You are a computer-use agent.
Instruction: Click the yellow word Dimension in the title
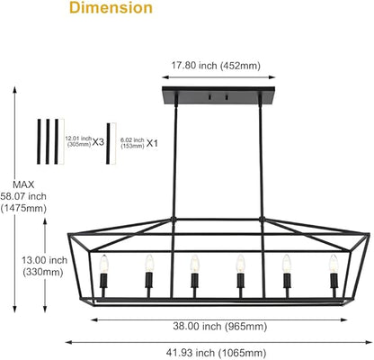111,8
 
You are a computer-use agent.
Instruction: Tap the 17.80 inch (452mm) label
216,66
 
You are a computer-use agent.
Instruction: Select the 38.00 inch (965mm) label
220,326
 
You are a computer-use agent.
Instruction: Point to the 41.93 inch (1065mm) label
216,353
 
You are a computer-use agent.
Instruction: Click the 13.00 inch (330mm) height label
44,266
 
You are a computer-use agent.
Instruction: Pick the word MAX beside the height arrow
23,184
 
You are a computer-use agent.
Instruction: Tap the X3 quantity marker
98,142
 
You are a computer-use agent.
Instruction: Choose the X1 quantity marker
152,143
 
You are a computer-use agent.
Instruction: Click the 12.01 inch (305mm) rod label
78,141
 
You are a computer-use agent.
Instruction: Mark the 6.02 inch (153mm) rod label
132,143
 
